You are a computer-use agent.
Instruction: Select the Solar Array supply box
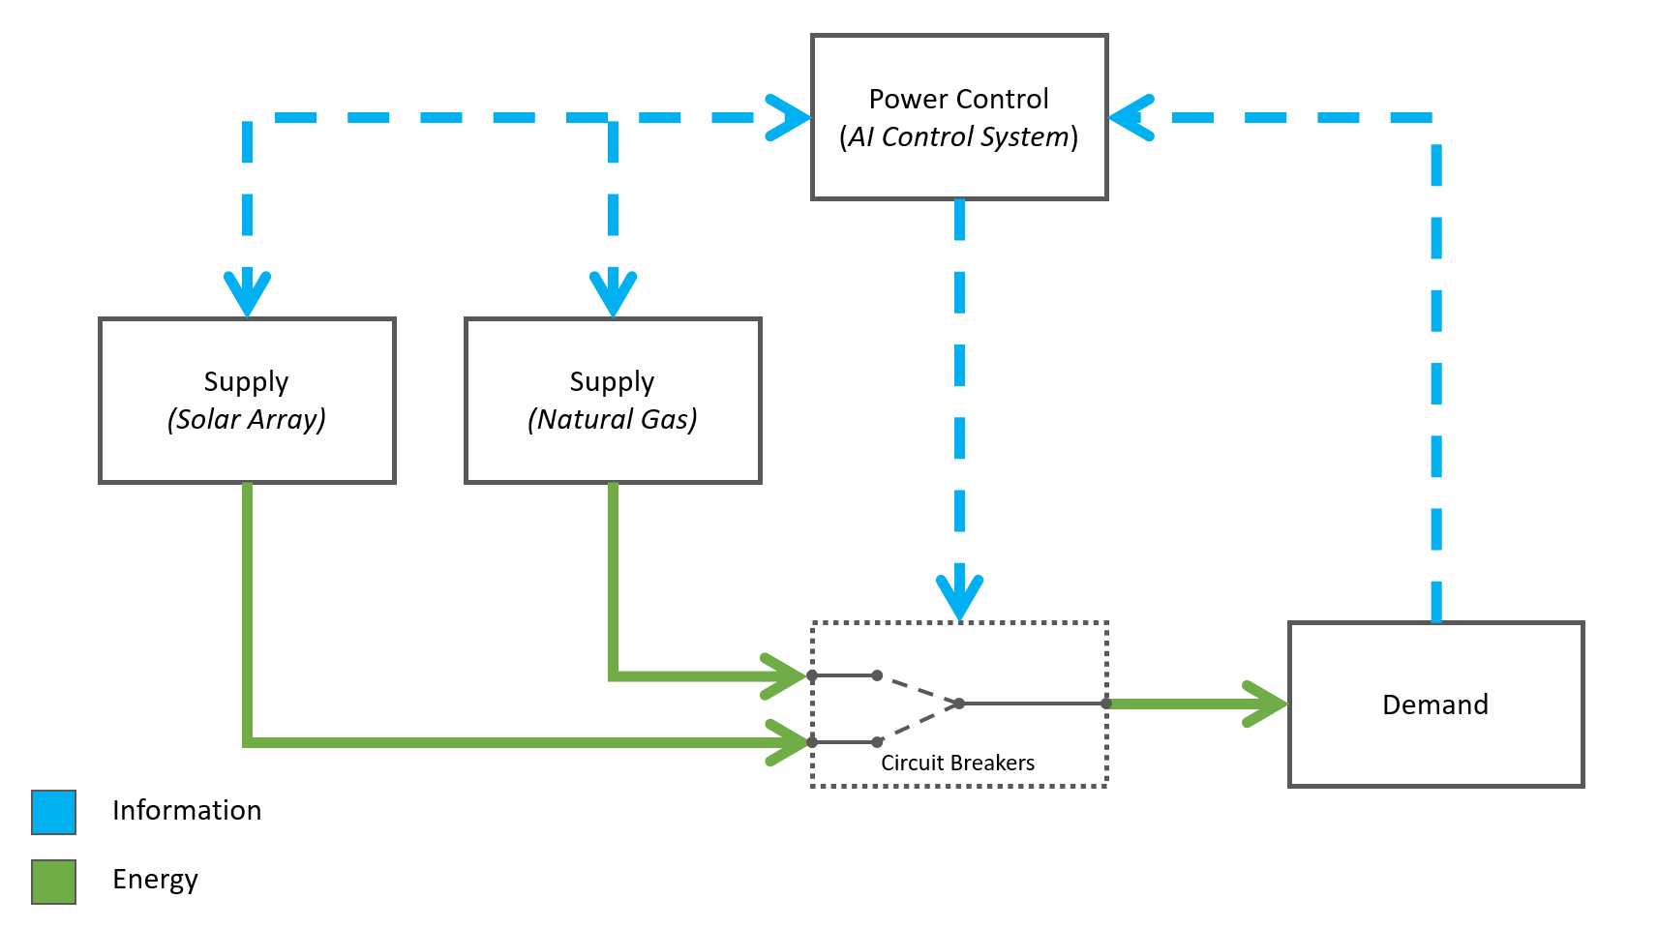[x=247, y=400]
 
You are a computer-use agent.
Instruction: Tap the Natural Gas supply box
[x=613, y=400]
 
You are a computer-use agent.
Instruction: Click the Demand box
[x=1435, y=704]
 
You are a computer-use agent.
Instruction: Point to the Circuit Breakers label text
[x=957, y=763]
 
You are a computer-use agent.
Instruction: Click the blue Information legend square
[x=53, y=812]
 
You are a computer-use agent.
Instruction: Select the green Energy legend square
[x=53, y=882]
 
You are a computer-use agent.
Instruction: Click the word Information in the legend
[x=187, y=810]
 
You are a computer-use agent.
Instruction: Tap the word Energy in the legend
[x=155, y=879]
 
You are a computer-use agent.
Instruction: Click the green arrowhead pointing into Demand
[x=1266, y=704]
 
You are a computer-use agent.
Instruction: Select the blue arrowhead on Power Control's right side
[x=1130, y=118]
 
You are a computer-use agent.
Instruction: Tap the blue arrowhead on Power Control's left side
[x=789, y=118]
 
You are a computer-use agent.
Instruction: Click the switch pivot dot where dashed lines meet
[x=959, y=704]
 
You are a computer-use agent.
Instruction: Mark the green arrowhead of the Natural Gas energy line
[x=784, y=675]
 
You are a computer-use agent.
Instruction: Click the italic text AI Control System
[x=958, y=137]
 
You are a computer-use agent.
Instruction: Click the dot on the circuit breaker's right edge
[x=1106, y=704]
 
